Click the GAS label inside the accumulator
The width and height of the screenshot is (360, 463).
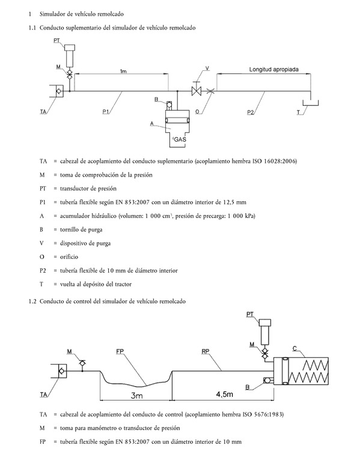pyautogui.click(x=180, y=139)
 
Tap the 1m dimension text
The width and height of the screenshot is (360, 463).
pyautogui.click(x=123, y=71)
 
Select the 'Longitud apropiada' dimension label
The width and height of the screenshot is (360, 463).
pyautogui.click(x=273, y=70)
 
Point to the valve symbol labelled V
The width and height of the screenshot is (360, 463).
pyautogui.click(x=196, y=91)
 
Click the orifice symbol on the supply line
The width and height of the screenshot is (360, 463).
pyautogui.click(x=210, y=91)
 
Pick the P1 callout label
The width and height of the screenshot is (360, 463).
pyautogui.click(x=106, y=112)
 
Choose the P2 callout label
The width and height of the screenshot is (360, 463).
pyautogui.click(x=251, y=112)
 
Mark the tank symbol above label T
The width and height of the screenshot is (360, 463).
pyautogui.click(x=310, y=103)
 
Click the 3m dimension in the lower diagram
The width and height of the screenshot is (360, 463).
pyautogui.click(x=137, y=395)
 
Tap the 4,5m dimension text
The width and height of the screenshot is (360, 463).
pyautogui.click(x=225, y=394)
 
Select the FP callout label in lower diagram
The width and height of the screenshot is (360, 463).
pyautogui.click(x=120, y=351)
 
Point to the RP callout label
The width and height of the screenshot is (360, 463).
pyautogui.click(x=206, y=351)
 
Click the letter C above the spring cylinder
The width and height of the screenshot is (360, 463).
pyautogui.click(x=294, y=348)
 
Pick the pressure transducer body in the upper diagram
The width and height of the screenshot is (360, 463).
pyautogui.click(x=70, y=56)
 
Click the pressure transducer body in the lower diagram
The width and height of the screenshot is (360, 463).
pyautogui.click(x=265, y=332)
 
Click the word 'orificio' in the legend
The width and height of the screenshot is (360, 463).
pyautogui.click(x=69, y=257)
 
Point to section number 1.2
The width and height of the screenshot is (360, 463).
pyautogui.click(x=32, y=301)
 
